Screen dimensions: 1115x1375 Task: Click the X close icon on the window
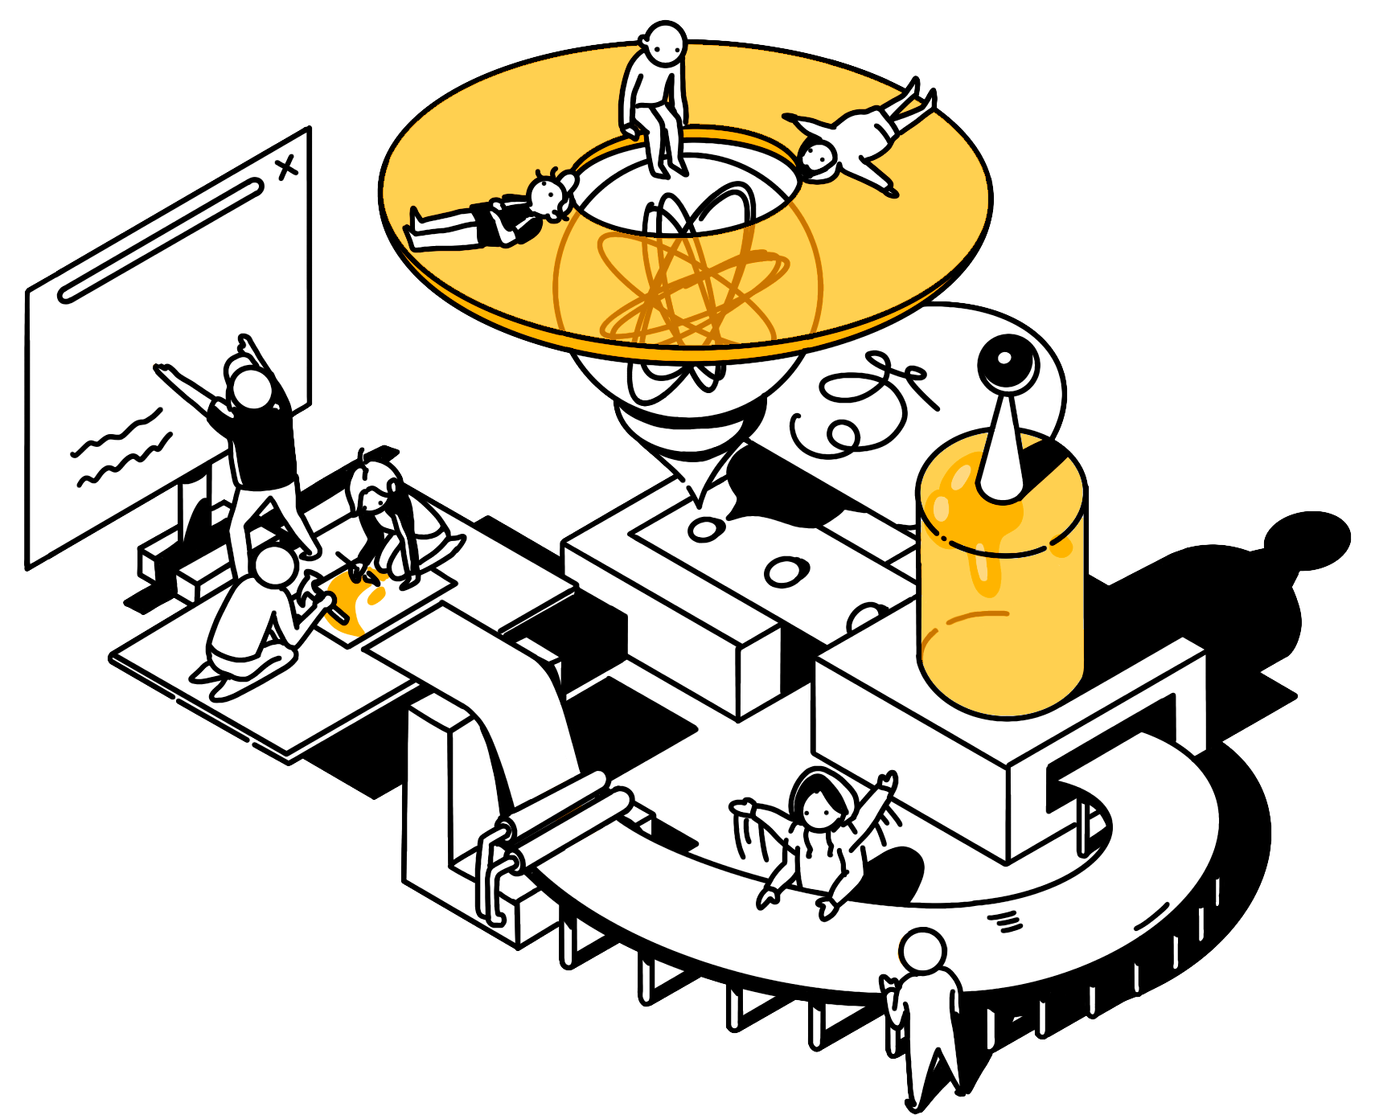click(286, 167)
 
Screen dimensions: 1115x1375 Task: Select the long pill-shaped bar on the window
click(161, 241)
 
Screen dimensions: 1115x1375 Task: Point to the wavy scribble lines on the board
click(121, 450)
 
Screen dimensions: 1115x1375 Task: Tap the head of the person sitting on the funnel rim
click(664, 43)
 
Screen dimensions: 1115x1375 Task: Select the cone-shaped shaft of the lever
click(1002, 450)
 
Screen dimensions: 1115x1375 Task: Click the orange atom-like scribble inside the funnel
click(692, 281)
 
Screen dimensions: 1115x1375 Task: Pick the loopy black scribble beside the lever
click(860, 402)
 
